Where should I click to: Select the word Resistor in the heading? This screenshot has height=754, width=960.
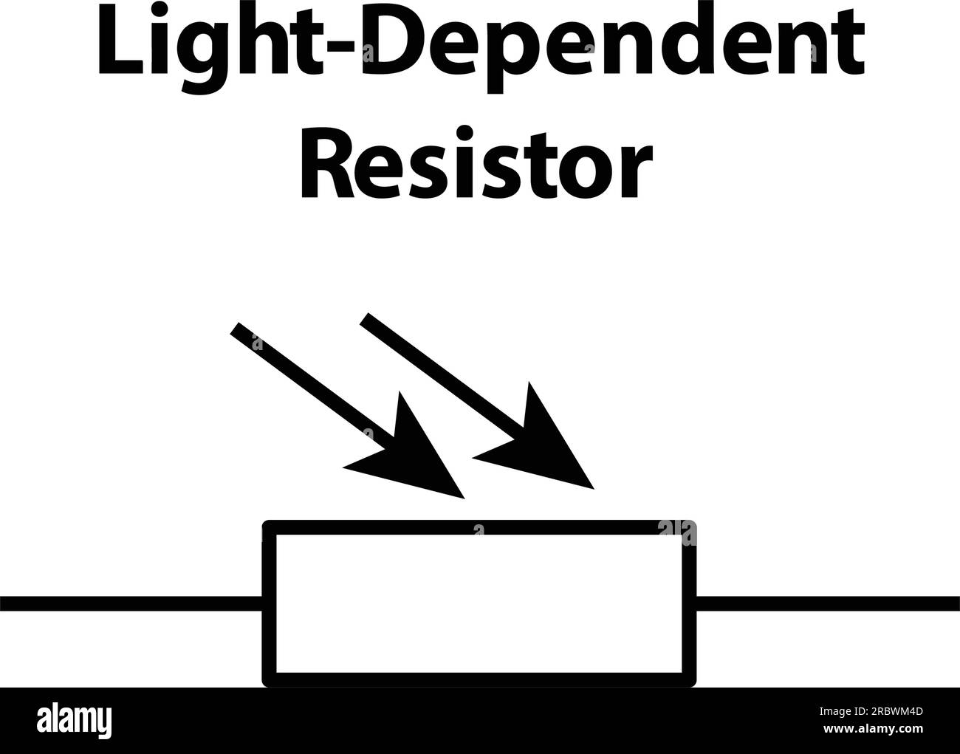click(476, 166)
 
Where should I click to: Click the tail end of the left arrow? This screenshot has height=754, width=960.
click(237, 329)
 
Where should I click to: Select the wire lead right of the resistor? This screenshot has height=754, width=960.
click(827, 603)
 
